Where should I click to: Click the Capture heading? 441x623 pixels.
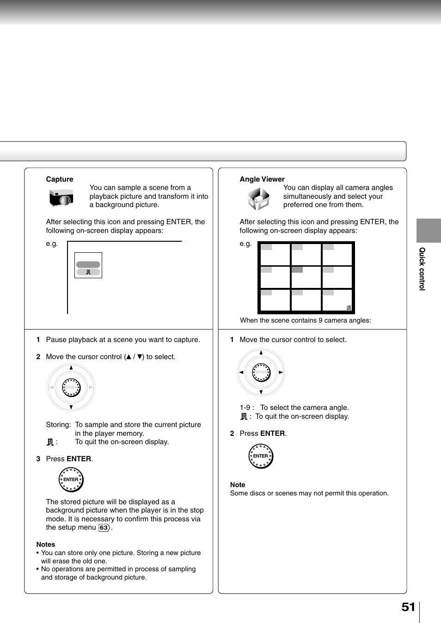tap(60, 179)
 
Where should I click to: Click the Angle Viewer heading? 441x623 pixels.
tap(262, 179)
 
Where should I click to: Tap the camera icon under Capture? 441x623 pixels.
tap(61, 198)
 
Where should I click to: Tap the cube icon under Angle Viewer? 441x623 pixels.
tap(258, 199)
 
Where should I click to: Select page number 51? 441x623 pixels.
tap(408, 607)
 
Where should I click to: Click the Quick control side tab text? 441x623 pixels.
tap(422, 269)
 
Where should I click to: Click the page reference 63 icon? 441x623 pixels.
tap(104, 528)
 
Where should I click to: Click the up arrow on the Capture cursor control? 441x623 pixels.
tap(71, 368)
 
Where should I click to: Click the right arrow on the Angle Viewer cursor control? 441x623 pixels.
tap(281, 372)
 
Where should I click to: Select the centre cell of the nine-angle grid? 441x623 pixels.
tap(306, 277)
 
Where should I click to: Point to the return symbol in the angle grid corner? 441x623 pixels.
tap(349, 308)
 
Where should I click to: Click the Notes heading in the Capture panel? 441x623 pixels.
tap(46, 544)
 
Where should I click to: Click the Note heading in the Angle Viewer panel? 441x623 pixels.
tap(238, 485)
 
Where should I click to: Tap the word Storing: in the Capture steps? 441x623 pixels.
tap(58, 425)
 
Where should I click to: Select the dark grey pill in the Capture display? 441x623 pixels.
tap(88, 264)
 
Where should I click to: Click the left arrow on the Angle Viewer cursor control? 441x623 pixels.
tap(241, 372)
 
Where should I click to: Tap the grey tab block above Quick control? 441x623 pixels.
tap(429, 230)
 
